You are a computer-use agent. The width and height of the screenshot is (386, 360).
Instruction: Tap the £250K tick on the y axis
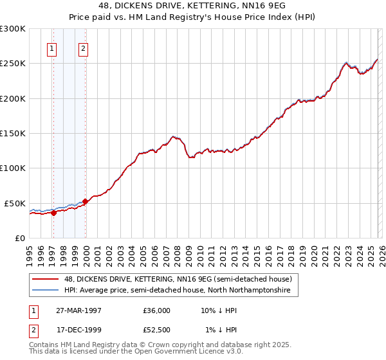click(13, 64)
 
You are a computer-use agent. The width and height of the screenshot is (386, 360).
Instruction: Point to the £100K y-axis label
click(13, 168)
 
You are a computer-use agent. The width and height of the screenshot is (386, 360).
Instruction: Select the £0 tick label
click(19, 238)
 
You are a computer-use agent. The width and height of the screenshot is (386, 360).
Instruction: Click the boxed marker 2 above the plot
click(84, 48)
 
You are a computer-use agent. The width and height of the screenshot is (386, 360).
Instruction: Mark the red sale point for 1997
click(54, 213)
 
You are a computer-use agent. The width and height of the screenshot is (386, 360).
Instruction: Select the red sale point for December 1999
click(86, 201)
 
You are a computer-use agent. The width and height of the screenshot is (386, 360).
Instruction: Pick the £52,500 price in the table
click(156, 330)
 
